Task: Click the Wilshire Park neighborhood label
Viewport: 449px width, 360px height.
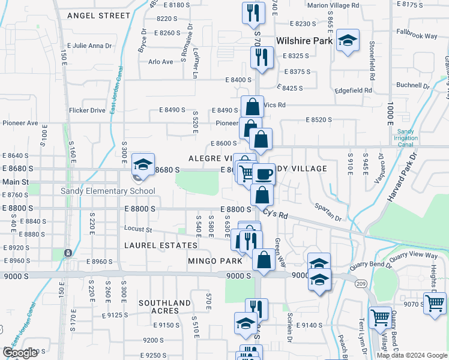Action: pos(304,41)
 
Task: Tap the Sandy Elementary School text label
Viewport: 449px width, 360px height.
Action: pos(108,191)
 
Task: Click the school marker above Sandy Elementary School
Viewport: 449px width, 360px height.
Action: pos(143,165)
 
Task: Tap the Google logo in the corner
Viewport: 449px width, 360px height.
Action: pos(20,353)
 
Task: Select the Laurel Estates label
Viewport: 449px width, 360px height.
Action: pos(161,245)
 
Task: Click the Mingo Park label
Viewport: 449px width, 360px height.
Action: pos(215,261)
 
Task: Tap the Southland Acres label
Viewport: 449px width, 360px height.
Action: pos(164,307)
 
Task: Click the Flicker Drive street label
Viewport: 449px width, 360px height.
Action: pos(87,110)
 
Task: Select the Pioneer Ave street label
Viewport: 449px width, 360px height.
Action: pos(20,123)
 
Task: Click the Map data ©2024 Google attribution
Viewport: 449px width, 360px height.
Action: pos(412,355)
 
